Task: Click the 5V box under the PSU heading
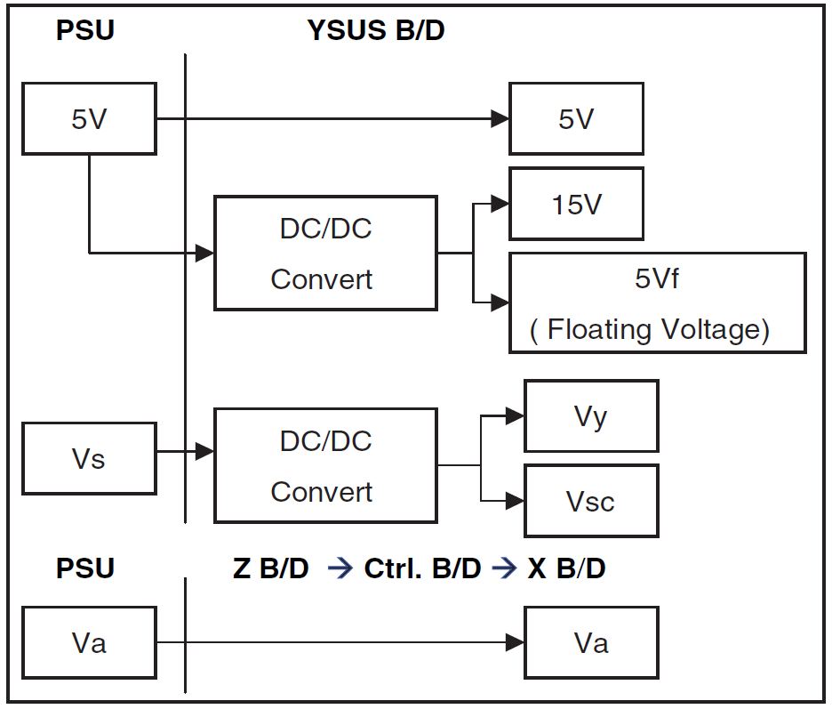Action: point(89,119)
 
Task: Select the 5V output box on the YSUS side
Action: point(576,119)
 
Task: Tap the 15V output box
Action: point(576,205)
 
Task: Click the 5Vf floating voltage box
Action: point(657,303)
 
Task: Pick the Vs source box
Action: point(89,459)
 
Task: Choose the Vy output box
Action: point(591,416)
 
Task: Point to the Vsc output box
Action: point(591,502)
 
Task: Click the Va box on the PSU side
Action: point(89,642)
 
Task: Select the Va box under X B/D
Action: point(591,642)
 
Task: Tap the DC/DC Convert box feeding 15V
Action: point(325,254)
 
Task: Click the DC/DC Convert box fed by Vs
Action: point(325,465)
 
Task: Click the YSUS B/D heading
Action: point(375,31)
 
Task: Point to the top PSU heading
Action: point(85,31)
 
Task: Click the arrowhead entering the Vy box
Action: point(516,415)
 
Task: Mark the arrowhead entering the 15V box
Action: point(500,205)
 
